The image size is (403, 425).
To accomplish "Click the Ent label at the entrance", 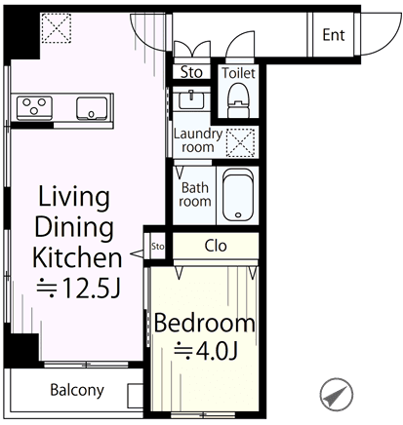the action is click(x=334, y=35).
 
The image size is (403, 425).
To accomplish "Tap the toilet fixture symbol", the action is click(x=238, y=99).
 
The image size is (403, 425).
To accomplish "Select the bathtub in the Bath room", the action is click(x=238, y=195).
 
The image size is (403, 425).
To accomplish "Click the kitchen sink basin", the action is click(x=92, y=108).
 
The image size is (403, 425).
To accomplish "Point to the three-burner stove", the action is click(x=34, y=106).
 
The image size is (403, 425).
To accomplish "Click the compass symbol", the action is click(x=336, y=395).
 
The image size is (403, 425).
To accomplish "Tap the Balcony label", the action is click(x=77, y=390).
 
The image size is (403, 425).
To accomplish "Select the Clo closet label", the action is click(x=216, y=246).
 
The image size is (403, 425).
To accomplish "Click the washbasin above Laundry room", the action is click(x=191, y=99).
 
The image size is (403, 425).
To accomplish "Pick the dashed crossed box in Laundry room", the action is click(x=240, y=143).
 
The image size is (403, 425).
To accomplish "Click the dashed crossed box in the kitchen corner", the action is click(x=57, y=28).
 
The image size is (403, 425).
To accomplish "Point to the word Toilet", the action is click(x=238, y=73).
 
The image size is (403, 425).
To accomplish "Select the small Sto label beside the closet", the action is click(x=158, y=247).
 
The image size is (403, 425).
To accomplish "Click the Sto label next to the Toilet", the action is click(x=191, y=72).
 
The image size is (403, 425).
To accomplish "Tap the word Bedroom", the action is click(x=205, y=323).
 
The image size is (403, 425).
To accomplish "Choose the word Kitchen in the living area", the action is click(x=77, y=257).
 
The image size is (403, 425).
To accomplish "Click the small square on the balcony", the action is click(x=135, y=396).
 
